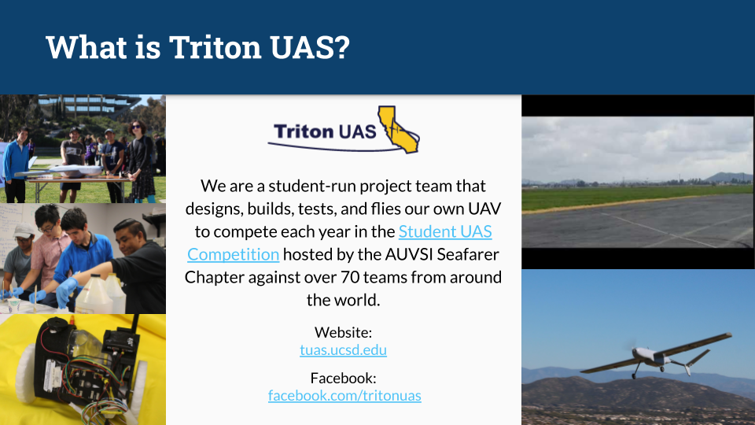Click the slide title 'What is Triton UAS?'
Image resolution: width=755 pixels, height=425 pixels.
click(197, 47)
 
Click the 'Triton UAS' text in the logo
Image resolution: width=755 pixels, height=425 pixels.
click(325, 131)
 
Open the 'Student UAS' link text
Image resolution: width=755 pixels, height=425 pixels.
click(445, 231)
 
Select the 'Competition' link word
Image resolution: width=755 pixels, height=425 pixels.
click(233, 254)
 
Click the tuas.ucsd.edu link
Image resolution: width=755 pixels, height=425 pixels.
click(344, 350)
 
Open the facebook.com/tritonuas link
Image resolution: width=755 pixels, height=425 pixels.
click(344, 395)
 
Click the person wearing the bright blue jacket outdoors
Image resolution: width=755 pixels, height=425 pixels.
click(16, 161)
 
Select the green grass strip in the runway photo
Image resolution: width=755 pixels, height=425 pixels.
click(637, 197)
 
